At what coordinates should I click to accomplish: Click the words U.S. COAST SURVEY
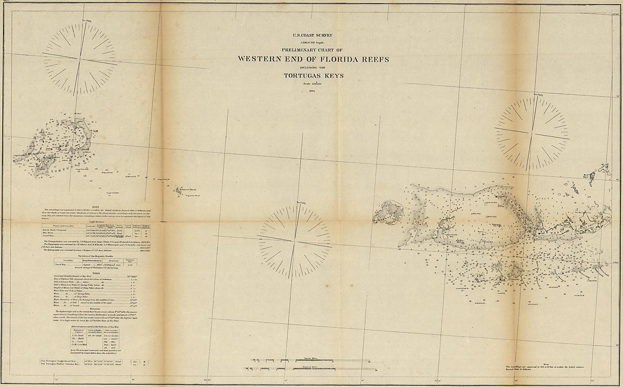click(x=313, y=36)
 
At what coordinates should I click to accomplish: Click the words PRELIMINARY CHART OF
click(x=313, y=49)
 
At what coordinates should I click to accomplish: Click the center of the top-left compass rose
click(x=80, y=58)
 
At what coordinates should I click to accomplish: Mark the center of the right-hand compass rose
click(x=532, y=134)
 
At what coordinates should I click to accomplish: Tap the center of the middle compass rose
click(x=295, y=241)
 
